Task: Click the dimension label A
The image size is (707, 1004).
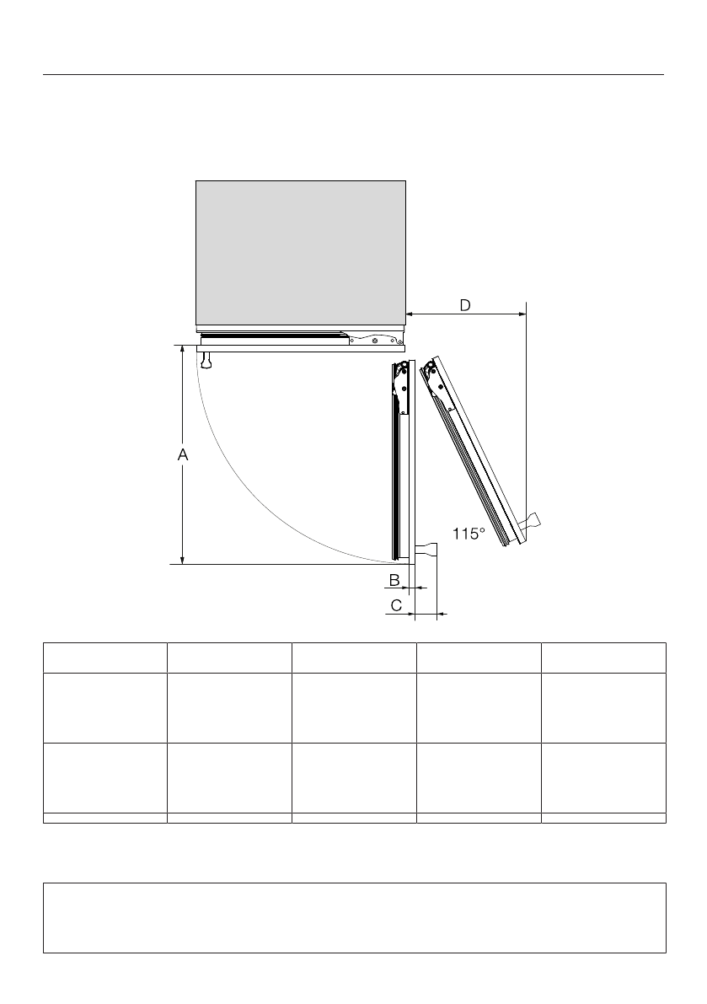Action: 183,454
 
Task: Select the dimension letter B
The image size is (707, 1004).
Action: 394,580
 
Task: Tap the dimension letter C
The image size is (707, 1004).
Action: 396,605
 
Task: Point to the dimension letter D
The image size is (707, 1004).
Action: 465,305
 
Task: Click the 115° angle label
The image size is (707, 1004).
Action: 469,533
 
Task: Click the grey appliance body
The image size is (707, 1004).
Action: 301,253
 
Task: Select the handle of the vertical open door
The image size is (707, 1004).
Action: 426,549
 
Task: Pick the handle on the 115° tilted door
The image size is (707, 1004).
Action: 530,521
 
